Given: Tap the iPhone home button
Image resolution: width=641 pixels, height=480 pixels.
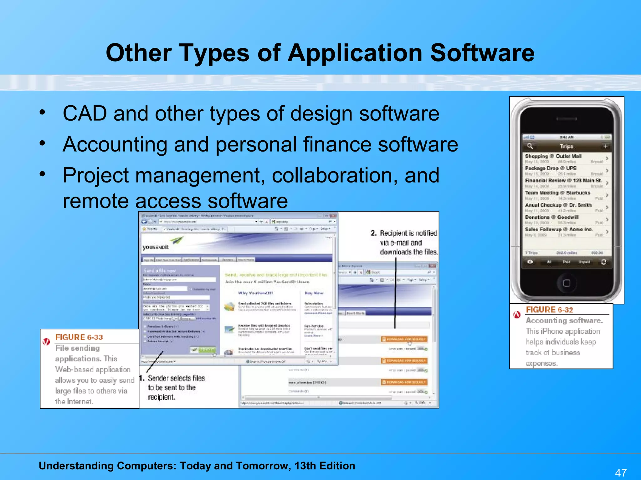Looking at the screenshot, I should point(567,283).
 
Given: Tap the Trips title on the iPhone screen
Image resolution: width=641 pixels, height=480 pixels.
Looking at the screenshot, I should point(567,146).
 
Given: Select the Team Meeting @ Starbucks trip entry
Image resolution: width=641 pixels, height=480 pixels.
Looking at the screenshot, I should point(557,193).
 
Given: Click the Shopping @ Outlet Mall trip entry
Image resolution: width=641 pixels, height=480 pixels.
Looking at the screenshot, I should point(553,156).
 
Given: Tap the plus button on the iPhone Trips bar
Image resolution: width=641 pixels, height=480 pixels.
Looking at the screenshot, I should point(605,146).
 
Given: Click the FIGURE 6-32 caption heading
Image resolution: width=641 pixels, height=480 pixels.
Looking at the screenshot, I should point(549,310).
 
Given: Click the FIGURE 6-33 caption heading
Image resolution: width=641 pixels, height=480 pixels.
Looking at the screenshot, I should point(79,337).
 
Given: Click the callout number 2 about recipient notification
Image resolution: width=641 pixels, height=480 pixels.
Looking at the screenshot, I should point(373,233).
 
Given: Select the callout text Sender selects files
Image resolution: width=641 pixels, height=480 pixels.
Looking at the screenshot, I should point(176,378).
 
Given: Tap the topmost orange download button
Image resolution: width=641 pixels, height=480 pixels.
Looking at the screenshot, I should point(404,339).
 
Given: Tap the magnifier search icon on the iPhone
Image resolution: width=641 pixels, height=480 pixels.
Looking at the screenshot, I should point(530,146).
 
